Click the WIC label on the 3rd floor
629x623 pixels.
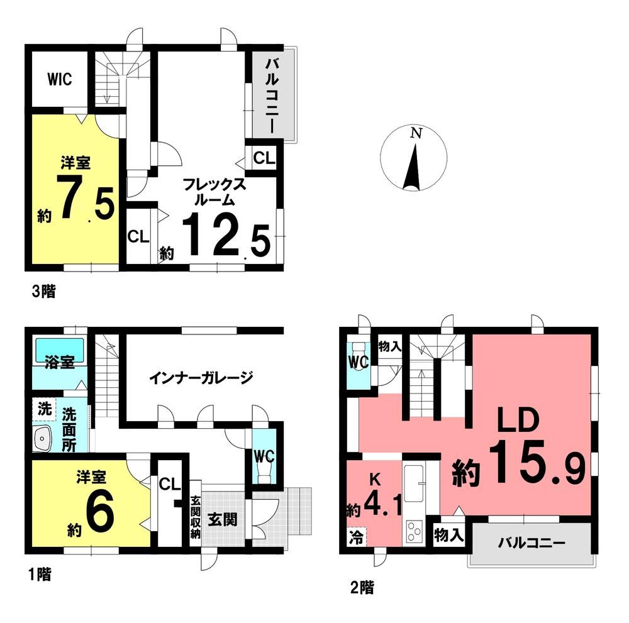(60, 79)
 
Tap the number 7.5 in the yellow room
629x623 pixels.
(86, 197)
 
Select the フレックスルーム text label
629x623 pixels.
(214, 192)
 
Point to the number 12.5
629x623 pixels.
(226, 234)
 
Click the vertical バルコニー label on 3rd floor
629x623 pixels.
(271, 96)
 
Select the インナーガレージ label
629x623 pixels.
(201, 377)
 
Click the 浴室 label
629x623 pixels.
(59, 362)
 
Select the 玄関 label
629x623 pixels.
(223, 519)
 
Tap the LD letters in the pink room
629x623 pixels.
(517, 420)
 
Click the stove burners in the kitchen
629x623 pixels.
(414, 531)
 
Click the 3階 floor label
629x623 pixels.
(43, 291)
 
